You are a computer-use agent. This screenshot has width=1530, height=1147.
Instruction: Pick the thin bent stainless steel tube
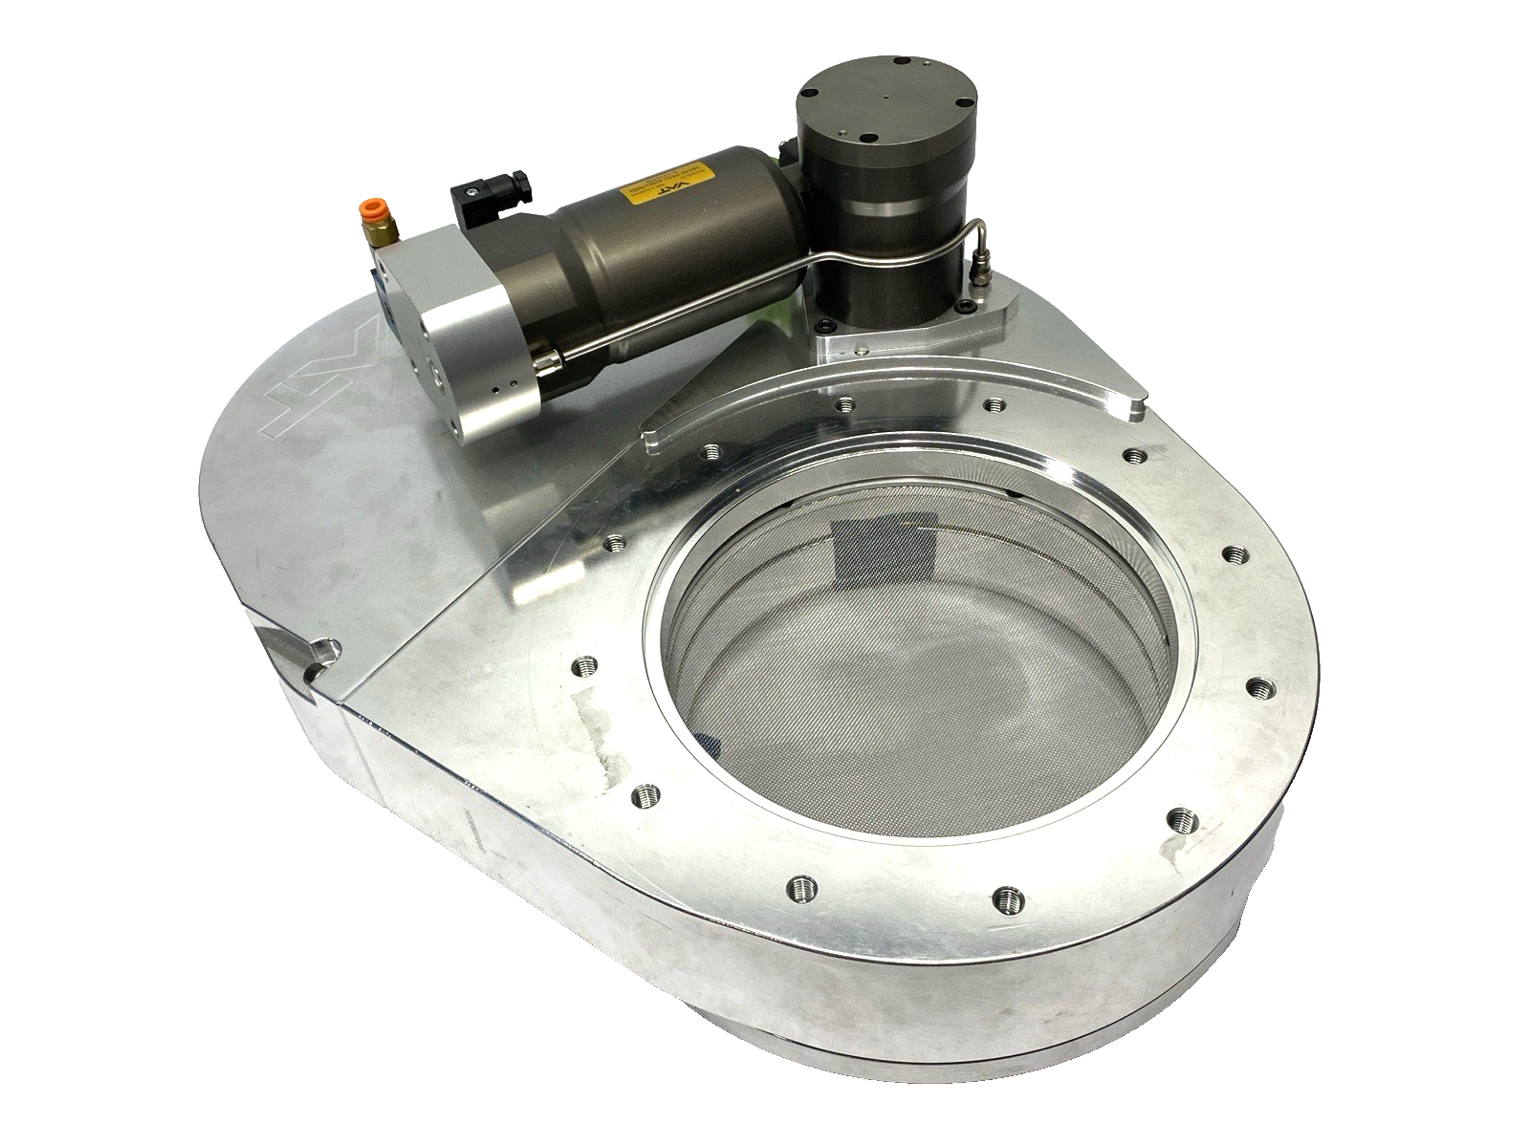(x=765, y=287)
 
